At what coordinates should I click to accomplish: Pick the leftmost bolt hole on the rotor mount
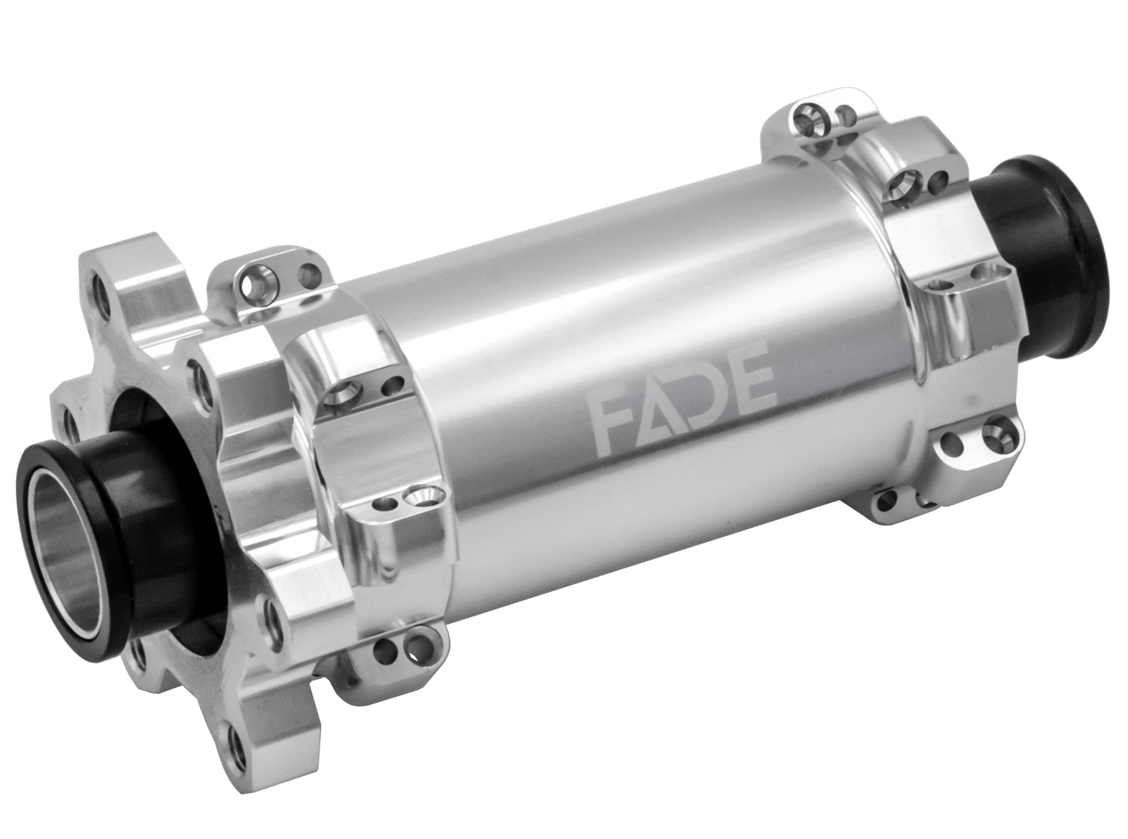72,428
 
